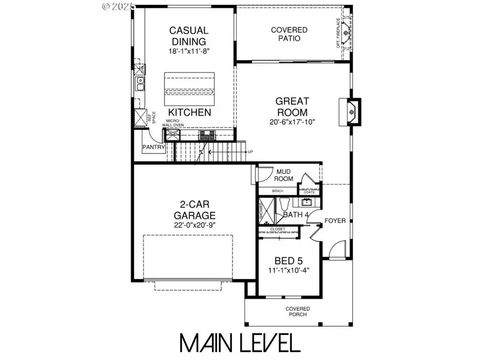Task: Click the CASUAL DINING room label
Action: pyautogui.click(x=188, y=36)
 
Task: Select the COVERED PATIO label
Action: pyautogui.click(x=289, y=34)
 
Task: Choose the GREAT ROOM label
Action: pyautogui.click(x=291, y=106)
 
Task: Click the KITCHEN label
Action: pyautogui.click(x=189, y=113)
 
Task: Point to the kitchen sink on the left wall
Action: pyautogui.click(x=140, y=84)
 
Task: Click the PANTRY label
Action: pyautogui.click(x=154, y=147)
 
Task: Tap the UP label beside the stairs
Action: pyautogui.click(x=250, y=152)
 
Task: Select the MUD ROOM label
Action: pyautogui.click(x=284, y=175)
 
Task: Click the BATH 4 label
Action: pyautogui.click(x=296, y=214)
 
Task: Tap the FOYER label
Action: pyautogui.click(x=335, y=220)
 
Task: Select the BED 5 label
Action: pyautogui.click(x=289, y=261)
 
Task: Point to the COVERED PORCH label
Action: pyautogui.click(x=297, y=312)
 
